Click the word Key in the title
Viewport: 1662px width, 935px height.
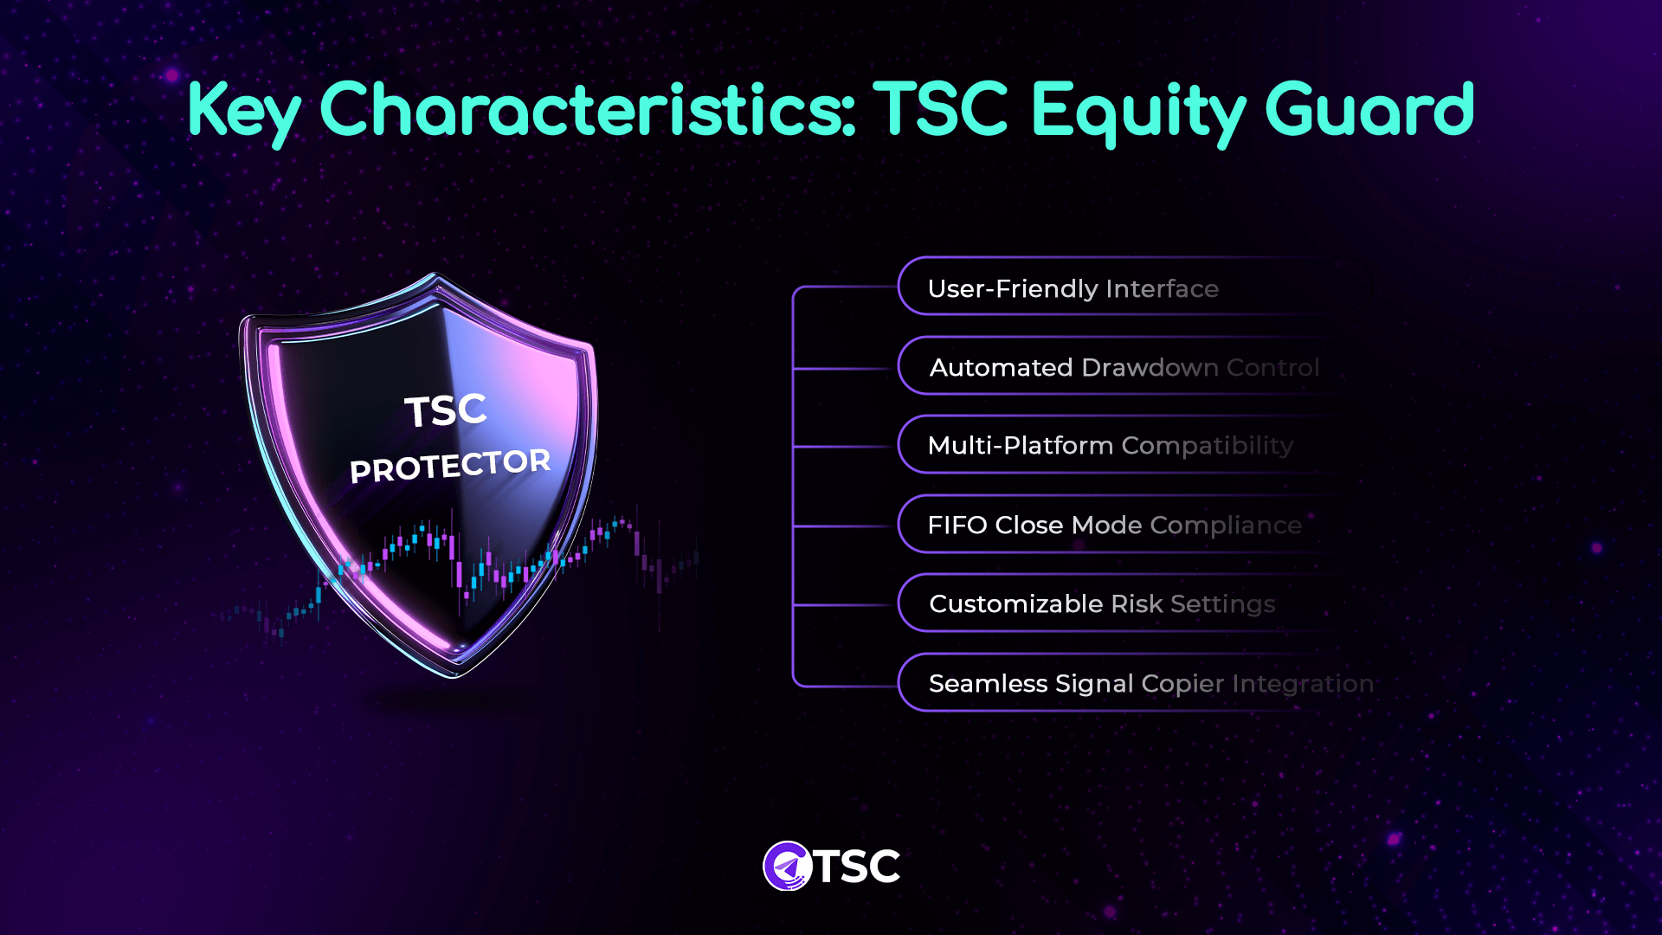(244, 111)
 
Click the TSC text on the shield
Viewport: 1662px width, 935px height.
(446, 410)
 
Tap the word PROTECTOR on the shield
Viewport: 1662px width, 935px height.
(450, 466)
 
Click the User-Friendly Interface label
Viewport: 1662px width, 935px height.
(1073, 288)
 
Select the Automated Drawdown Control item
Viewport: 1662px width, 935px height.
(1124, 367)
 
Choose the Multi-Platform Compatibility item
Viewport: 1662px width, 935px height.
(1110, 446)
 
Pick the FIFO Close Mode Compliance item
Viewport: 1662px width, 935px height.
(1114, 525)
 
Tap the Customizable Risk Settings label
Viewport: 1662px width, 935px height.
(1101, 603)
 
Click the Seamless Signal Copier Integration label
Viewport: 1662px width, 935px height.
(1150, 683)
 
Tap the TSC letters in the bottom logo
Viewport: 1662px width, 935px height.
(857, 866)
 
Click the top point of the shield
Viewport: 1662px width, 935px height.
(435, 277)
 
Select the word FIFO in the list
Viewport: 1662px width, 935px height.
(957, 525)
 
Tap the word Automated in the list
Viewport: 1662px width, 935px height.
(1001, 367)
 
